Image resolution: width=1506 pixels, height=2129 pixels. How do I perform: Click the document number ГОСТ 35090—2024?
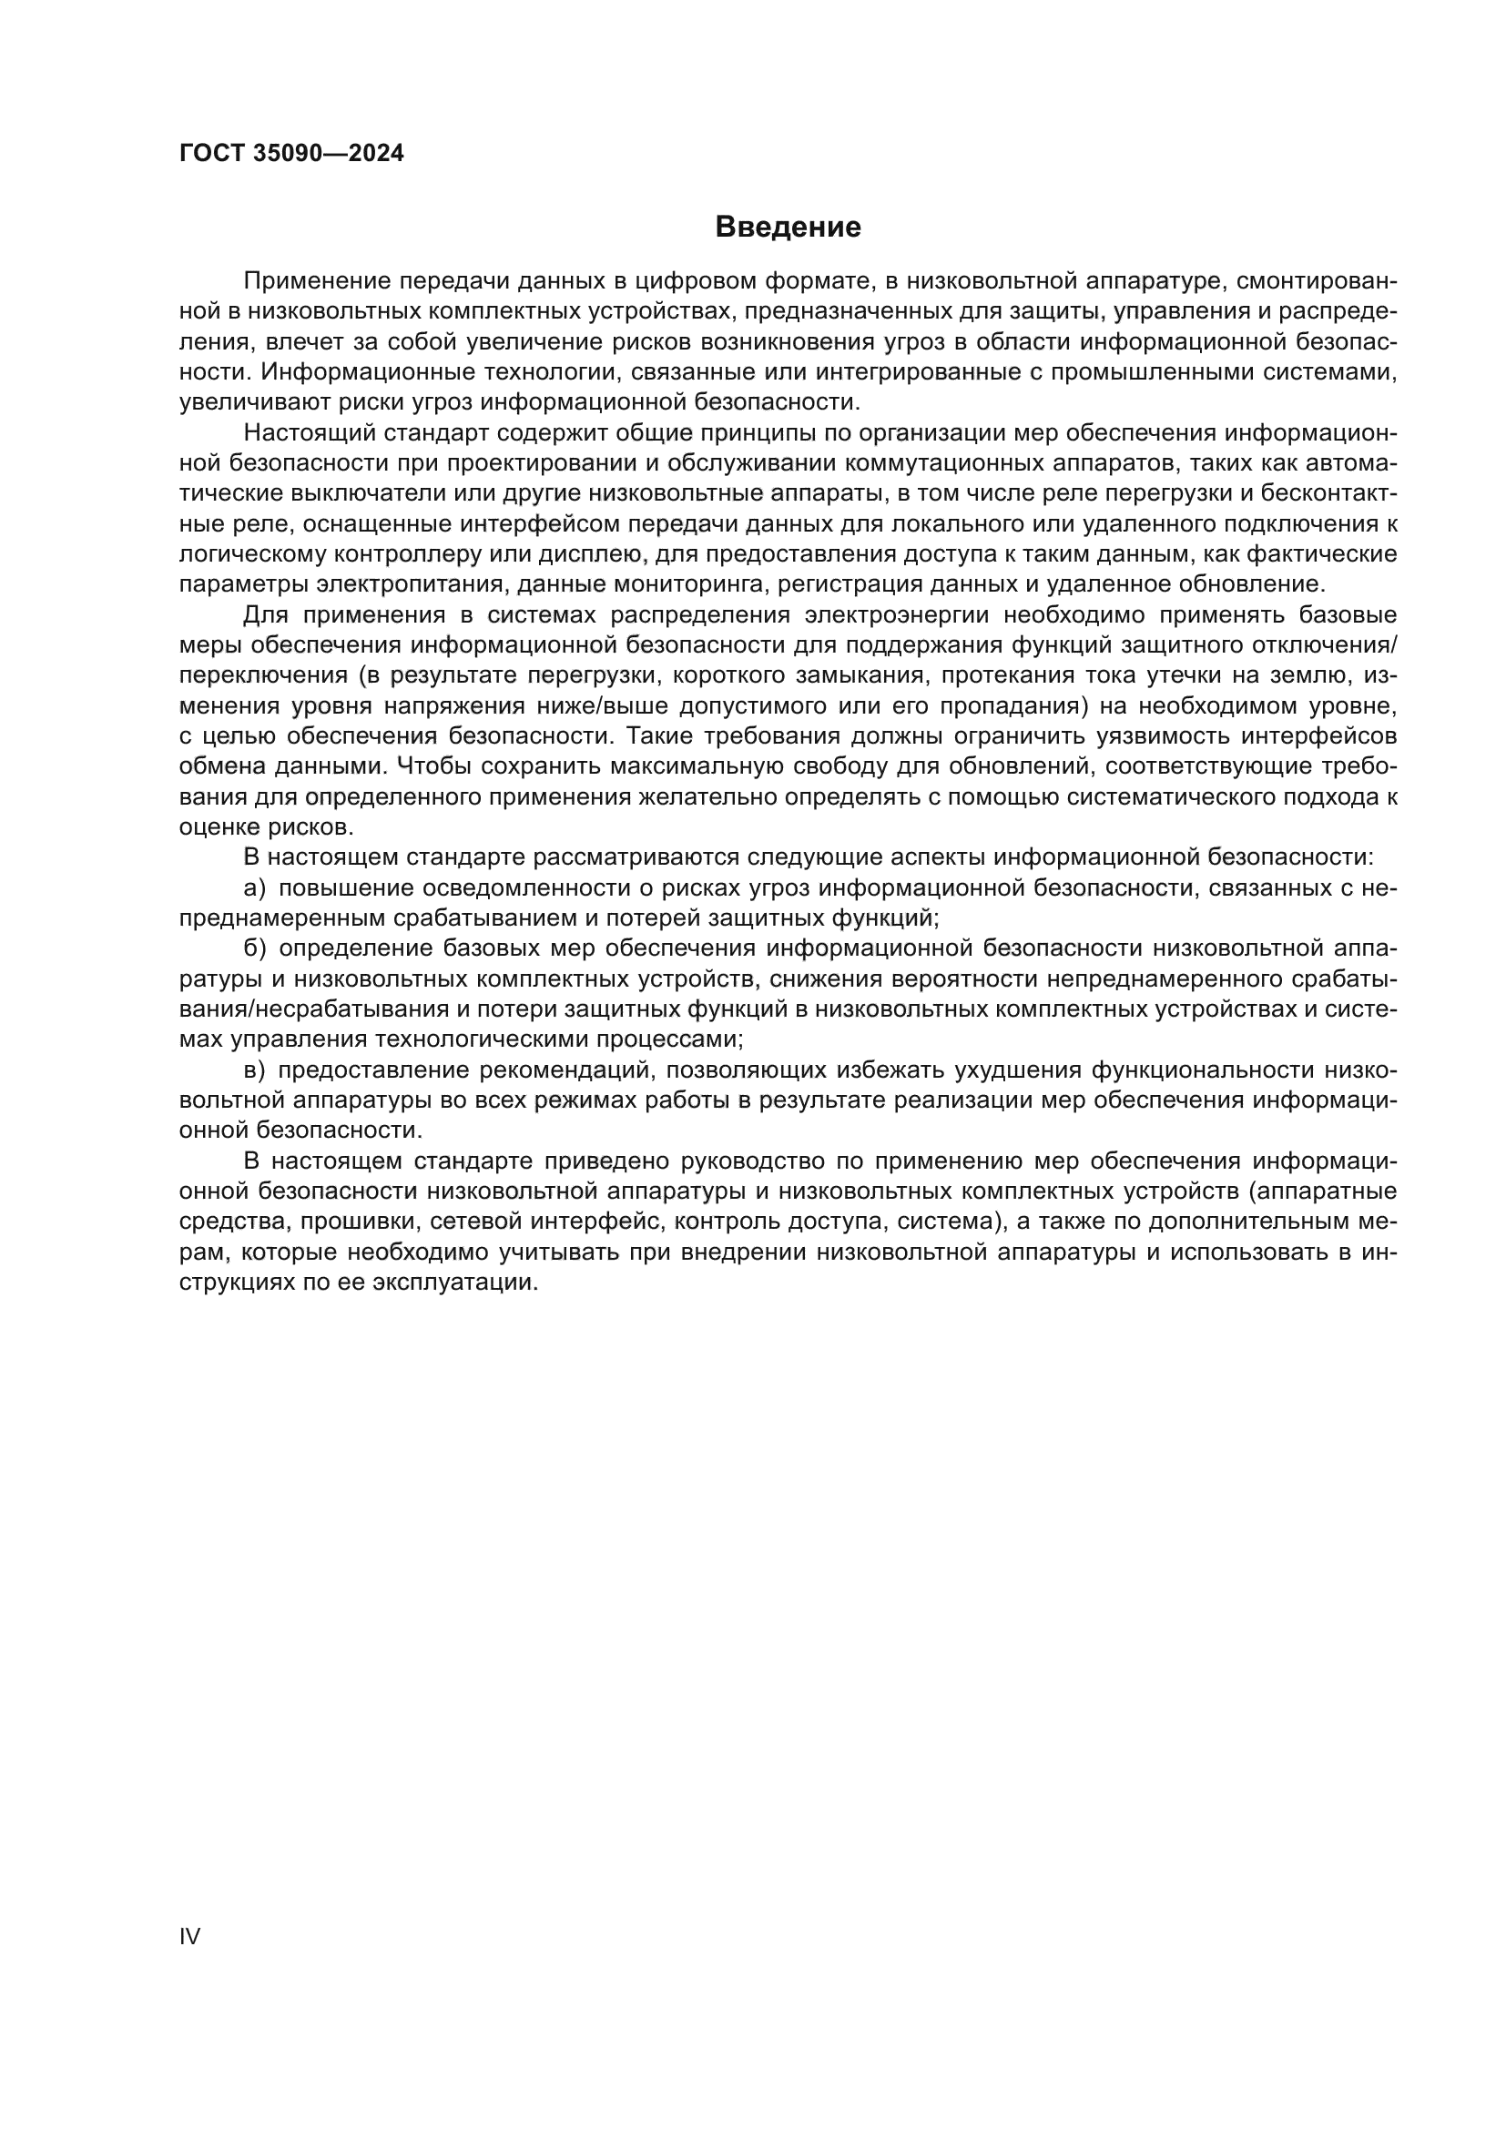click(291, 153)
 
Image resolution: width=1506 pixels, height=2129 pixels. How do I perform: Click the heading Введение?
click(789, 228)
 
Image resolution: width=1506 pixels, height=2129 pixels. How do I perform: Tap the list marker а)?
click(254, 888)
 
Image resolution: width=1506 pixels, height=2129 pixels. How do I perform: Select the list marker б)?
click(254, 948)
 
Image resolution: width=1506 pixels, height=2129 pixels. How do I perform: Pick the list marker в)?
click(254, 1070)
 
